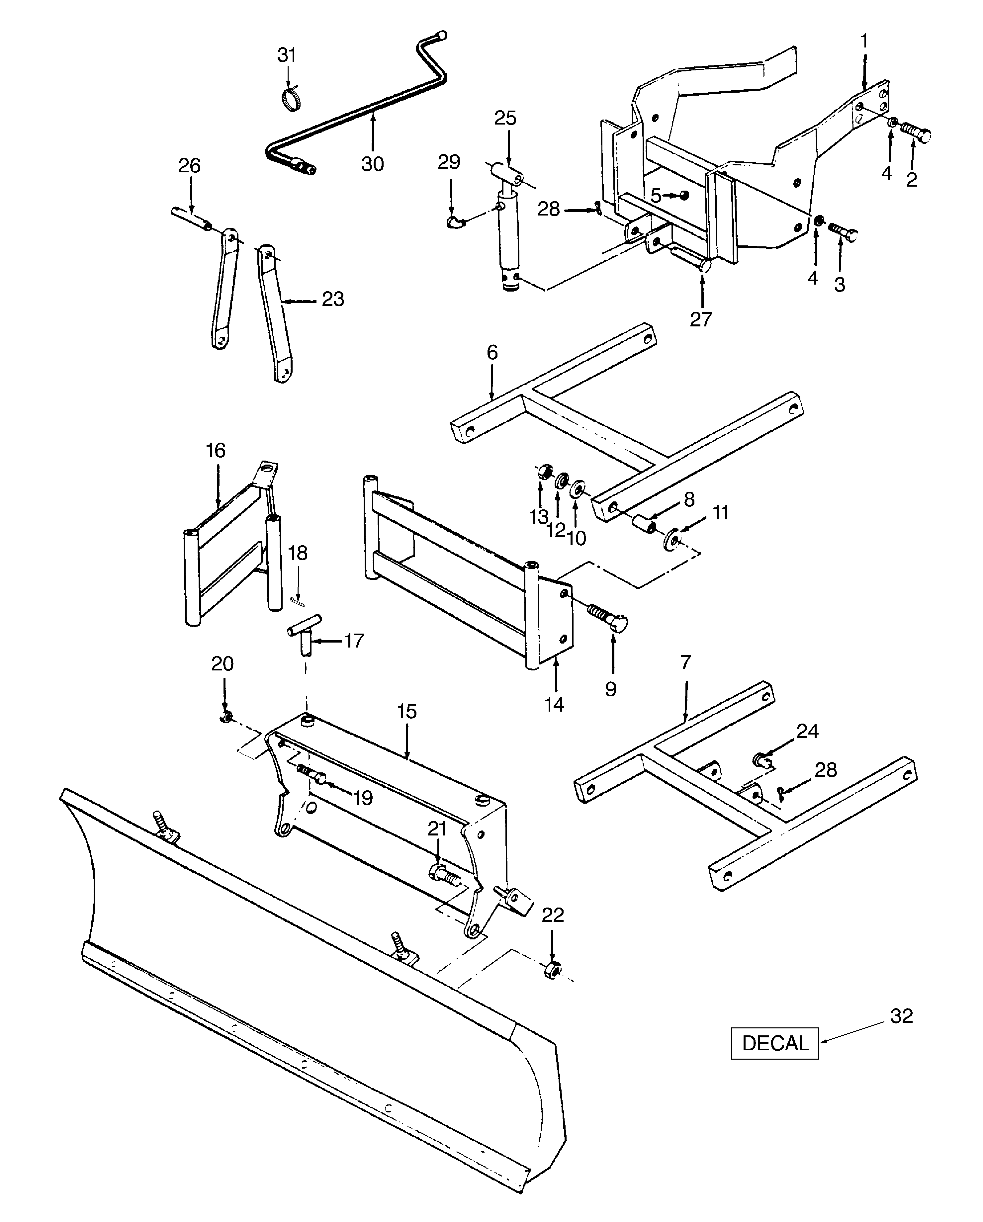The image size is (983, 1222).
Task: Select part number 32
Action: click(901, 1016)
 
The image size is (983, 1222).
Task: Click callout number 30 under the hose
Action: click(373, 164)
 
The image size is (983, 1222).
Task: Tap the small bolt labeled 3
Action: click(843, 231)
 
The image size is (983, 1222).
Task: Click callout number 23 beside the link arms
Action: click(333, 299)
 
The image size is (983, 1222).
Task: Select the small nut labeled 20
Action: click(225, 718)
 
